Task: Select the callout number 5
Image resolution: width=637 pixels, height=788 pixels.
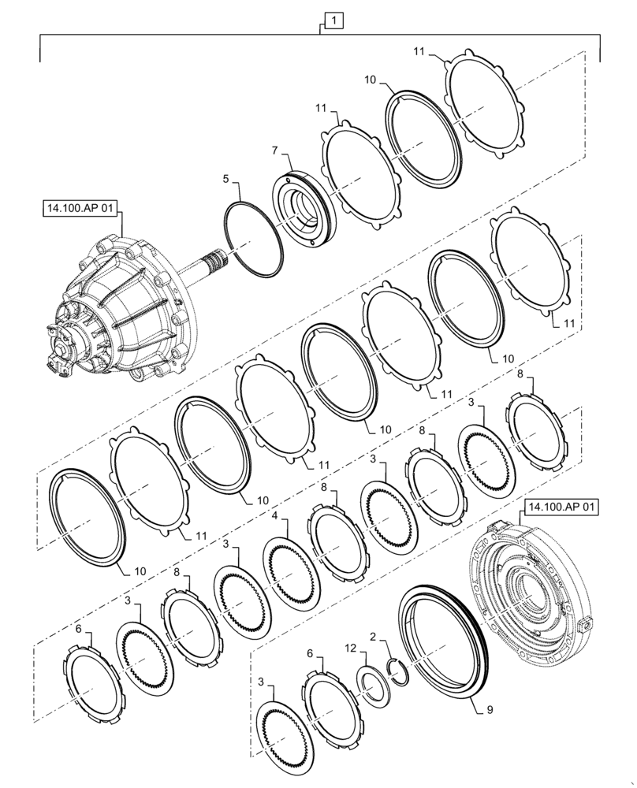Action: pos(225,180)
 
